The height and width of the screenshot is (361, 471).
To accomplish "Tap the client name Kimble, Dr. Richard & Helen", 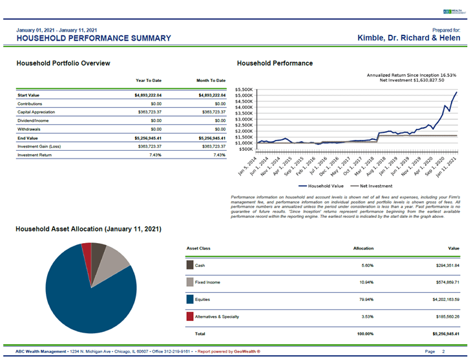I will pos(408,38).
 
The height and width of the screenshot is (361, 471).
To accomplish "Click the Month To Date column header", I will pos(211,81).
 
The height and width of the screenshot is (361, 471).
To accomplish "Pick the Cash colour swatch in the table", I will pos(190,264).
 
